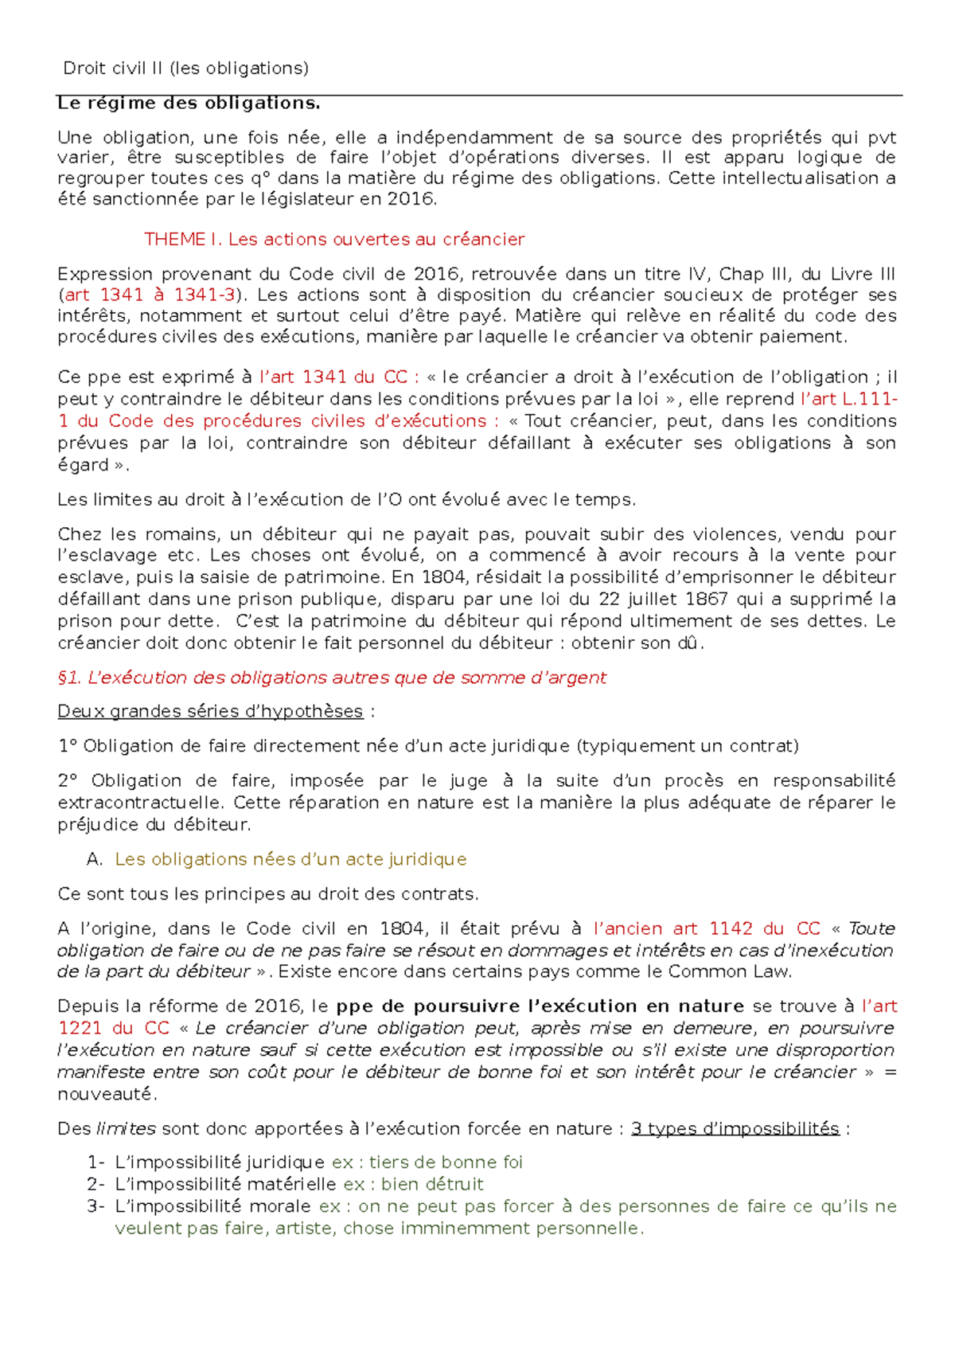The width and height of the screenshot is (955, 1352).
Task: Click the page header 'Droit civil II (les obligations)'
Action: [185, 68]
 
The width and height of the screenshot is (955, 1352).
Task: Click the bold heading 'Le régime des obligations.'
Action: [189, 103]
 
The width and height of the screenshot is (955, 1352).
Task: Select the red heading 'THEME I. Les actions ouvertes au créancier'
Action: [334, 239]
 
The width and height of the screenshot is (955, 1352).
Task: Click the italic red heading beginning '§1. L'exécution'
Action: [332, 678]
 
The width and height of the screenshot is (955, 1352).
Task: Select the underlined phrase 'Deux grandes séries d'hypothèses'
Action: [210, 711]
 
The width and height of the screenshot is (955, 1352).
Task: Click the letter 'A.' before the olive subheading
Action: [95, 859]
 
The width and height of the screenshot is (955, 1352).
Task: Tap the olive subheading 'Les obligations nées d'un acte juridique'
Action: [290, 859]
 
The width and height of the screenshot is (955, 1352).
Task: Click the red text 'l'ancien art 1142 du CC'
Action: [707, 928]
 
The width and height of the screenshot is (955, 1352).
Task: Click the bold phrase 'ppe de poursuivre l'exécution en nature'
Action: [540, 1006]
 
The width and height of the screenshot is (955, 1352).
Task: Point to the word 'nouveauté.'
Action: [107, 1094]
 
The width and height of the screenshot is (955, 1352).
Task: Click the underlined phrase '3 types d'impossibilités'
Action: [735, 1129]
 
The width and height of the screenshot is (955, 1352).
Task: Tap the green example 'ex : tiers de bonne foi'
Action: [427, 1162]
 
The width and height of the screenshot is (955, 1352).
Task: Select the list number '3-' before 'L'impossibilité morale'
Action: [95, 1206]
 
